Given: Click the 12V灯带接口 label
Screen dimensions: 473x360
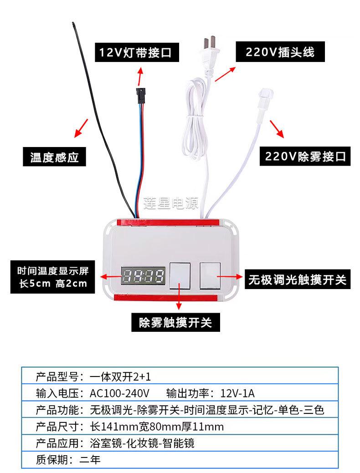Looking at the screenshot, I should pos(136,52).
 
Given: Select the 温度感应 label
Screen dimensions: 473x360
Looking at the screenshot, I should pos(55,157).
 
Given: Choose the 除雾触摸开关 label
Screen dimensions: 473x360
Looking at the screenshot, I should pos(176,323).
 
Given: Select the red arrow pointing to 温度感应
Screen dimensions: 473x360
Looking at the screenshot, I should pos(82,128).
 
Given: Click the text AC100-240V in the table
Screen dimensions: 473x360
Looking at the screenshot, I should pos(119,393).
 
